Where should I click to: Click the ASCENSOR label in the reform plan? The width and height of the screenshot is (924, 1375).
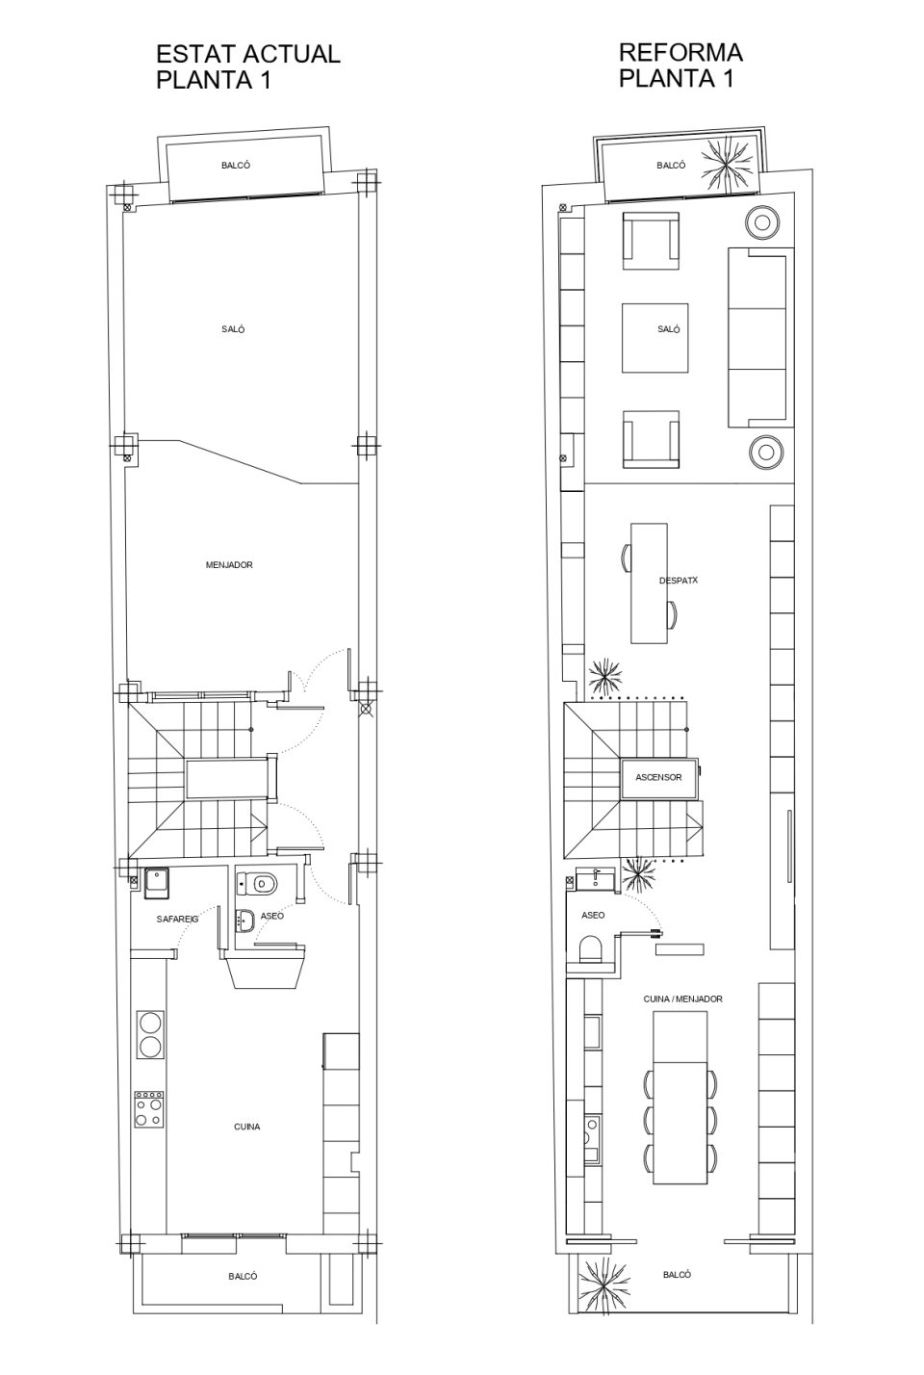[658, 777]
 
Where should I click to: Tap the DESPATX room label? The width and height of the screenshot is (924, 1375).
[678, 580]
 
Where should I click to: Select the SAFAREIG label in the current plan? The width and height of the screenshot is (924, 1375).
[177, 919]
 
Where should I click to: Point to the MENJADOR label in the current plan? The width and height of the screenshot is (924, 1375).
[229, 564]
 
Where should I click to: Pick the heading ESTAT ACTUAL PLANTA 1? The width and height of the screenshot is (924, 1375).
[248, 66]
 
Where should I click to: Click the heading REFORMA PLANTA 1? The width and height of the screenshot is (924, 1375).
[680, 65]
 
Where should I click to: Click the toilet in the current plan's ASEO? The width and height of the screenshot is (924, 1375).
[257, 883]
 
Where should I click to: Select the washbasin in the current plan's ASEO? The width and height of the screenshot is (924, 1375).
[246, 921]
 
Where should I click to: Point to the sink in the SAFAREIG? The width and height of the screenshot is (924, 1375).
[157, 883]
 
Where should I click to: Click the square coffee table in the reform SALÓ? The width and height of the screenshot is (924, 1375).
[654, 338]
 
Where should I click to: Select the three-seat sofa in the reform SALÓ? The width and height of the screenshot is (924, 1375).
[760, 337]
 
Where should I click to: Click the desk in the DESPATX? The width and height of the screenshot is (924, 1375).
[649, 584]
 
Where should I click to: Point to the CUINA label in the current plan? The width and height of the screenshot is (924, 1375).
[246, 1127]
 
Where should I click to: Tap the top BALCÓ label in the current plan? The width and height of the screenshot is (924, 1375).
[236, 165]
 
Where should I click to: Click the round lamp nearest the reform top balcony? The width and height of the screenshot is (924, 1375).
[763, 221]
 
